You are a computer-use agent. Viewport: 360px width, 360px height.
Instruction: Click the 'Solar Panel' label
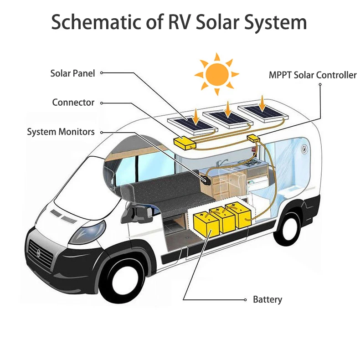(x=72, y=73)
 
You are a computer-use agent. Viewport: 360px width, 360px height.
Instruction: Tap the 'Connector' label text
(x=73, y=103)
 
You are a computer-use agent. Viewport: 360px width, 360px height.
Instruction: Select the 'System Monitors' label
(x=61, y=132)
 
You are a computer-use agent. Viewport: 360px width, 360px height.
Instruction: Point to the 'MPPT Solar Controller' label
(x=313, y=75)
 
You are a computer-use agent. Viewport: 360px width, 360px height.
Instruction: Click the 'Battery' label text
(x=267, y=300)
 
